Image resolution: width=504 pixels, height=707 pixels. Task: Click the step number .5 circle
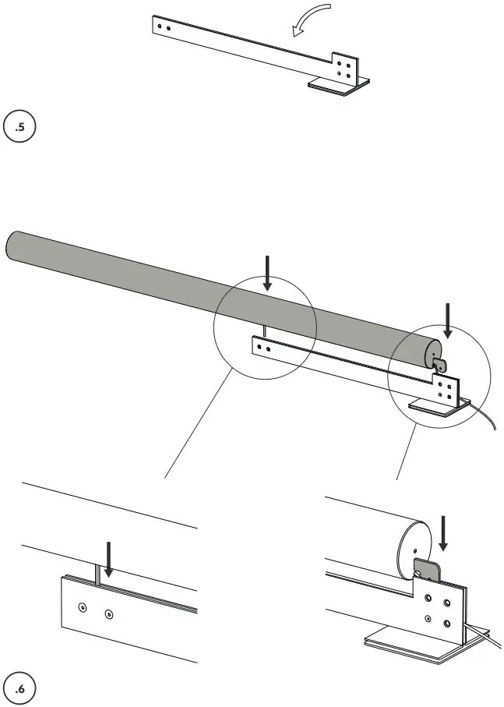[x=20, y=129]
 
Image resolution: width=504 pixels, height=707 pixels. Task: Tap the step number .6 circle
[x=20, y=688]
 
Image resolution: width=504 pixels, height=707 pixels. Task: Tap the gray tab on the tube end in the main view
[x=441, y=362]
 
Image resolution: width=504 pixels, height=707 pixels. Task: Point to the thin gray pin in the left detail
[x=97, y=574]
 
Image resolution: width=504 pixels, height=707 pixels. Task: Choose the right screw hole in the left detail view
[x=108, y=614]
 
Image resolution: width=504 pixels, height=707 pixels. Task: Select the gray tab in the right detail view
[x=426, y=572]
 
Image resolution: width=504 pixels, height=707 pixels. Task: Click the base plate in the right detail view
[x=405, y=643]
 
